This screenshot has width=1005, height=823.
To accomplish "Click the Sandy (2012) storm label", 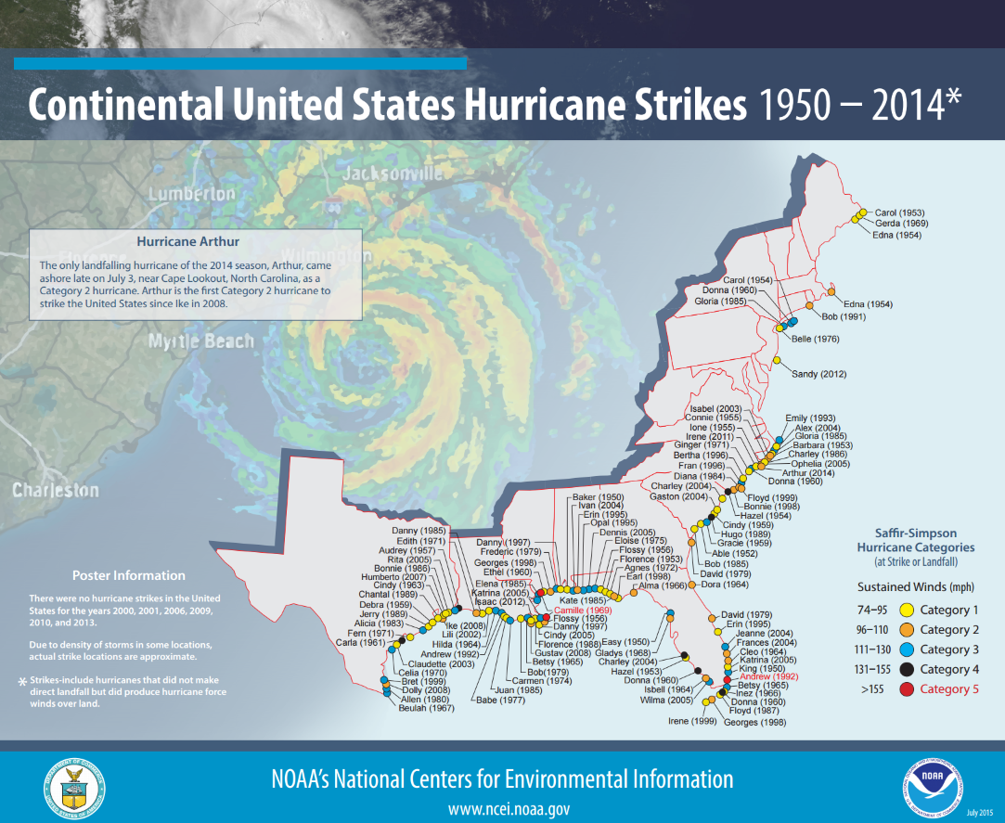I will click(818, 374).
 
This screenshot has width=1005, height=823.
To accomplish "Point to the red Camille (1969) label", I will click(583, 611).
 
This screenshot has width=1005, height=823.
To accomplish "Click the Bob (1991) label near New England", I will click(843, 316).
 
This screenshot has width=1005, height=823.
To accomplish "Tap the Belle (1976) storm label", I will click(814, 339).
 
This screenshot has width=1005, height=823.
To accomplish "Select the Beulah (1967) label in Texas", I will click(426, 708).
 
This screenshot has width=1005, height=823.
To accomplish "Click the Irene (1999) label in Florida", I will click(692, 721).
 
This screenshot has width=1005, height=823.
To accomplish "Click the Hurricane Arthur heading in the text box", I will click(187, 241).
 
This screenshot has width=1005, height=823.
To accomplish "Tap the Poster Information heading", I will click(129, 575).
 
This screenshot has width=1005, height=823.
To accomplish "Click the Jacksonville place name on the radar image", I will click(393, 174).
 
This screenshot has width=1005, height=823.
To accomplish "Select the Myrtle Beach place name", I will click(201, 341).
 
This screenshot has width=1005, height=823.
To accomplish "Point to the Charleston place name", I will click(56, 489).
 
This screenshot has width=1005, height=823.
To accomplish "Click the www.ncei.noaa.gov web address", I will click(509, 808).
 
